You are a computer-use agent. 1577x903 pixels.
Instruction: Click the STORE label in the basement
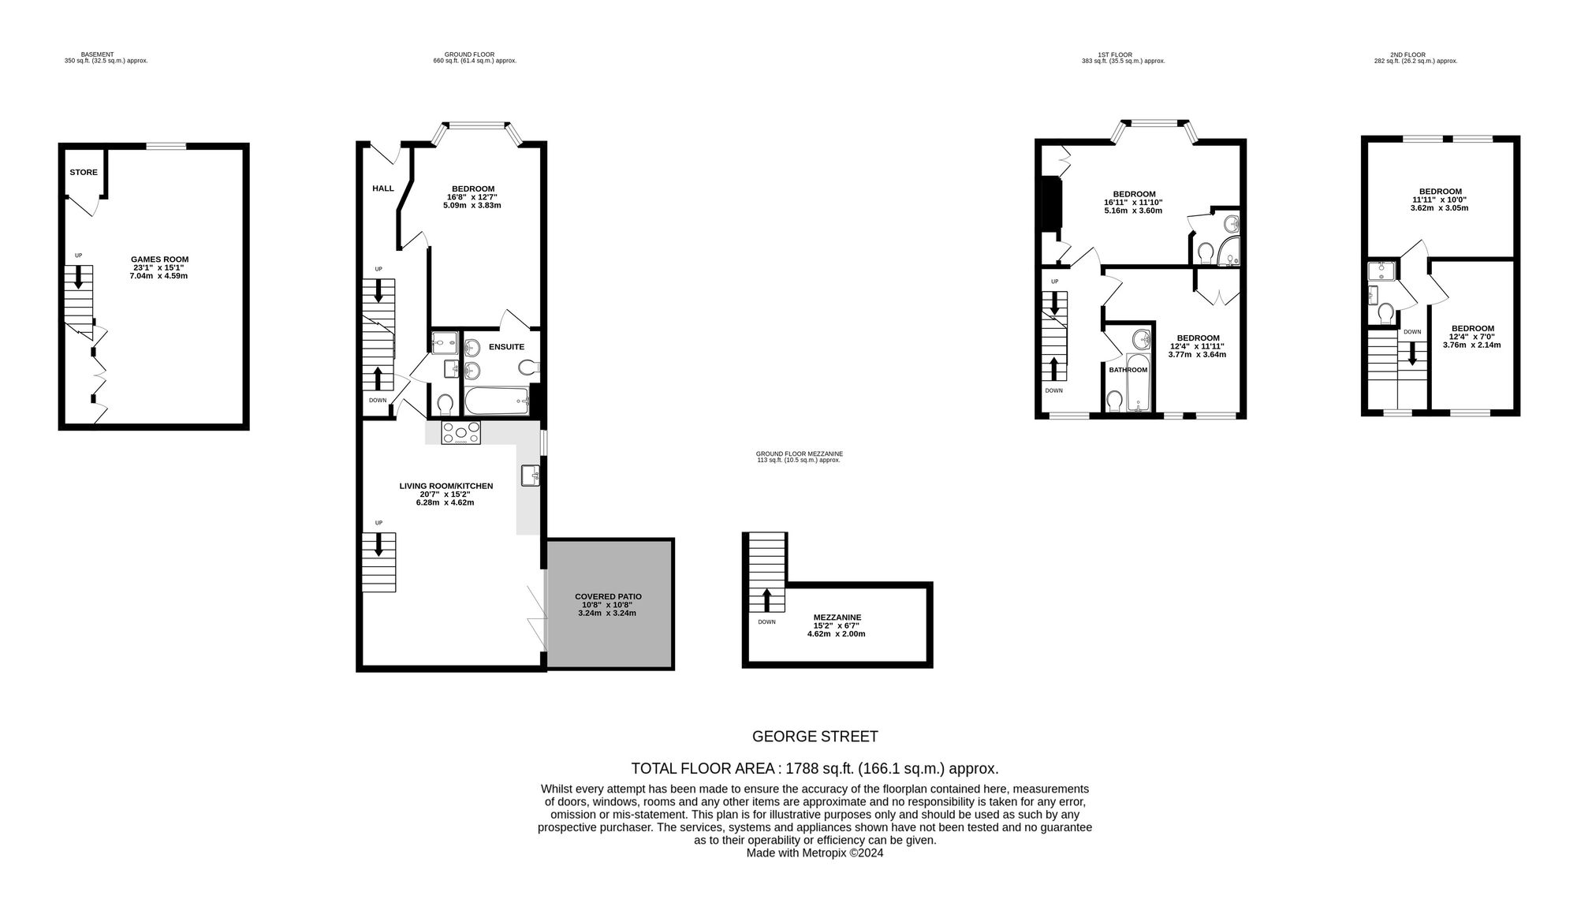84,173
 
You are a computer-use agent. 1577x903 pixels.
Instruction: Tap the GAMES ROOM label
160,259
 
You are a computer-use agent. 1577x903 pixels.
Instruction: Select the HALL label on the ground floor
383,188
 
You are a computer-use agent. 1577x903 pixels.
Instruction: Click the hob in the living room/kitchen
461,433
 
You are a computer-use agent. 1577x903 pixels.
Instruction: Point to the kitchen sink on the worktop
530,476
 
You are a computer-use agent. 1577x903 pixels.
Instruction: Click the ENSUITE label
506,347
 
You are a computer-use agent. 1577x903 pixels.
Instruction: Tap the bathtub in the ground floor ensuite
496,401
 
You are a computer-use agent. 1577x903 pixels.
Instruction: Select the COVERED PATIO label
608,597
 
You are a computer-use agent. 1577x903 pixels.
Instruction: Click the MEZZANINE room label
837,618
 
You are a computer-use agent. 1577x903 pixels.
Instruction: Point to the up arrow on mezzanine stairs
767,599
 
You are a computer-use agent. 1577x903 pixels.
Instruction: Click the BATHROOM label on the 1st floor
1128,370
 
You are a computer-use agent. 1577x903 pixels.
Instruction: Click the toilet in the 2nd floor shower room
1386,315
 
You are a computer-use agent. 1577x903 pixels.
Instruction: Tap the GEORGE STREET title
815,737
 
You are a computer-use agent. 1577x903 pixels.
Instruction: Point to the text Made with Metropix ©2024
815,853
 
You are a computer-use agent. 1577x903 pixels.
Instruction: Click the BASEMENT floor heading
98,55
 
